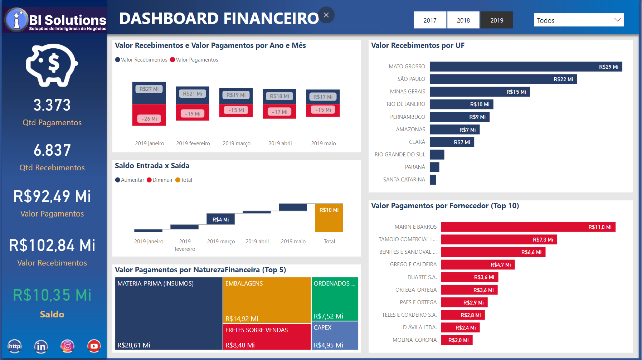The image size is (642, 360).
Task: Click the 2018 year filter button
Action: (463, 20)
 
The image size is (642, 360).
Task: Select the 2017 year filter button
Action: (430, 20)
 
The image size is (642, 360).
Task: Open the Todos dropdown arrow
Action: (617, 20)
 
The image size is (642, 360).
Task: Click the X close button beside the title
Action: (326, 15)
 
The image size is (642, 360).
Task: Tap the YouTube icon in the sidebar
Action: (94, 346)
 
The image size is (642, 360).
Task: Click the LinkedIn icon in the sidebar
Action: (41, 346)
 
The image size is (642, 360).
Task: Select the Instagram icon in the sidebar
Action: (67, 346)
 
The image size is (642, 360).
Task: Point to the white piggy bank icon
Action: (52, 65)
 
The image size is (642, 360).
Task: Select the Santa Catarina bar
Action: (433, 180)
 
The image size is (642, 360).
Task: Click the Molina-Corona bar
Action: (456, 340)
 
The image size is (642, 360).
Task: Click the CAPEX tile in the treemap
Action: (335, 335)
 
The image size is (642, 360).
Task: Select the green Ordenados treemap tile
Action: (335, 299)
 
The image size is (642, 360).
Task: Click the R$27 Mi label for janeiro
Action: (149, 89)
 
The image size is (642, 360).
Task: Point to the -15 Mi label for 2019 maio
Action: (323, 110)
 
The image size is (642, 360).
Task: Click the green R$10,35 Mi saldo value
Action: (52, 295)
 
